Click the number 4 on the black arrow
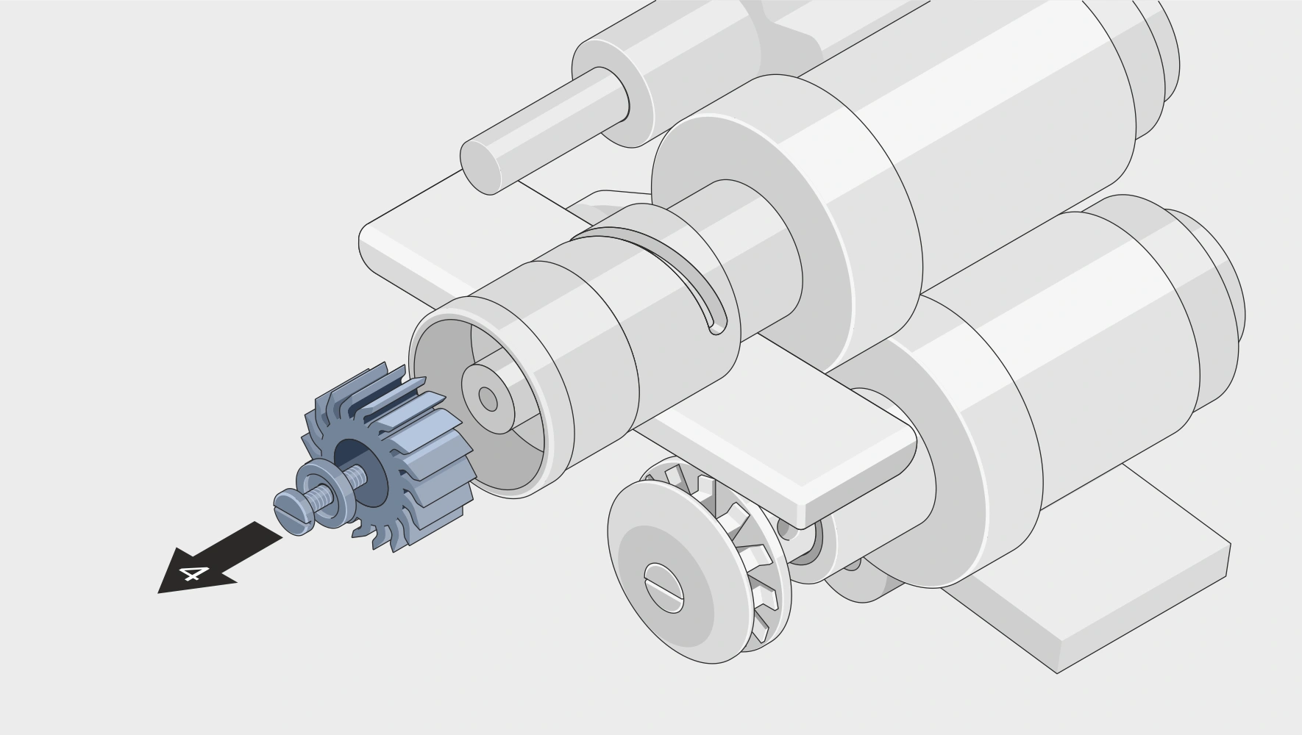tap(192, 573)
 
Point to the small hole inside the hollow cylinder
tap(488, 399)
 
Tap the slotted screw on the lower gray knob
tap(664, 587)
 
